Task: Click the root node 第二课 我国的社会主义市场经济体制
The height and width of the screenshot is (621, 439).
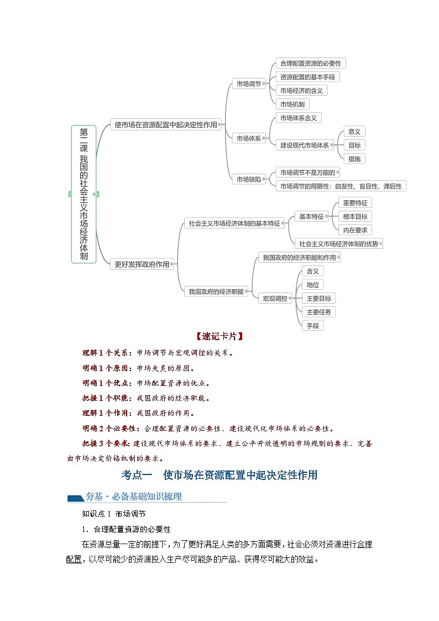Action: (83, 194)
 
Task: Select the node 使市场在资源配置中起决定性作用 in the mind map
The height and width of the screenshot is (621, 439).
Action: (165, 125)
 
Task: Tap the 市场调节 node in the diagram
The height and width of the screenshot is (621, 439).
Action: (248, 84)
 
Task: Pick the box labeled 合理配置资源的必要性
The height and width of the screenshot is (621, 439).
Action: (310, 64)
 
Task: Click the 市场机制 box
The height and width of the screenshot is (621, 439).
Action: (292, 104)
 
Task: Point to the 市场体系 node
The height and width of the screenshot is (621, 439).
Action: (248, 138)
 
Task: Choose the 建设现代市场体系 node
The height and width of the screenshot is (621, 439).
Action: (304, 145)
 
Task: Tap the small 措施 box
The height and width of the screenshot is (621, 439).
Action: (354, 159)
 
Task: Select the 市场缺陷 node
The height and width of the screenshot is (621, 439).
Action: (248, 179)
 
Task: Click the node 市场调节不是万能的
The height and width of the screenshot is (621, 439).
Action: (307, 173)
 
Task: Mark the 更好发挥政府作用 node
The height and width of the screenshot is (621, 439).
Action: (142, 264)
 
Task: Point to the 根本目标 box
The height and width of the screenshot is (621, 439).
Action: (354, 217)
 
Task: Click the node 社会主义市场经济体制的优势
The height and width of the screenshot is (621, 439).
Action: (338, 243)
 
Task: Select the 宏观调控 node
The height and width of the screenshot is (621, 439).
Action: (275, 298)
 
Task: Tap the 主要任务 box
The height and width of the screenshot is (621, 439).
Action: (318, 312)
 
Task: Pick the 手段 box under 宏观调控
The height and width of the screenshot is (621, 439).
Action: (312, 326)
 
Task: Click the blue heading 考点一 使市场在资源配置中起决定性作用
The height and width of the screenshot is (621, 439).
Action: (219, 475)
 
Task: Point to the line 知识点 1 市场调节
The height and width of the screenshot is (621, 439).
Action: (114, 514)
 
